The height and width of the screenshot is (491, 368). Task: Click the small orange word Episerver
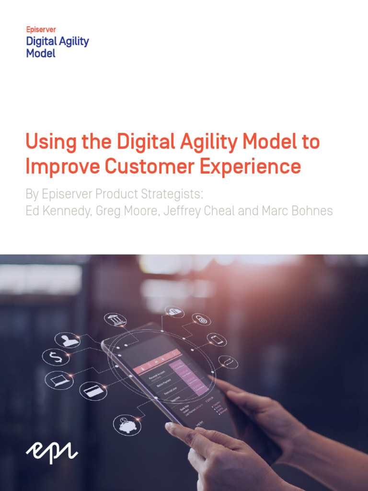click(x=41, y=30)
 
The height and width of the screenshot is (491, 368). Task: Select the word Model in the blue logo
click(x=41, y=53)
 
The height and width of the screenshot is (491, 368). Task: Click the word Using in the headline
click(x=47, y=142)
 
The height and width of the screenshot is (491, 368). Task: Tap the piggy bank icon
click(x=127, y=425)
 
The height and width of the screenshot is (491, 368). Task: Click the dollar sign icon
click(x=56, y=357)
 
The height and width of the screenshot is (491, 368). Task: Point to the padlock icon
click(x=202, y=319)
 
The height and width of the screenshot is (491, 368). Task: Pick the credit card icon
click(x=93, y=391)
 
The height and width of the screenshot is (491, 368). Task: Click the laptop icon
click(x=59, y=380)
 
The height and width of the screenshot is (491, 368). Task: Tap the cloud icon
click(x=174, y=312)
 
